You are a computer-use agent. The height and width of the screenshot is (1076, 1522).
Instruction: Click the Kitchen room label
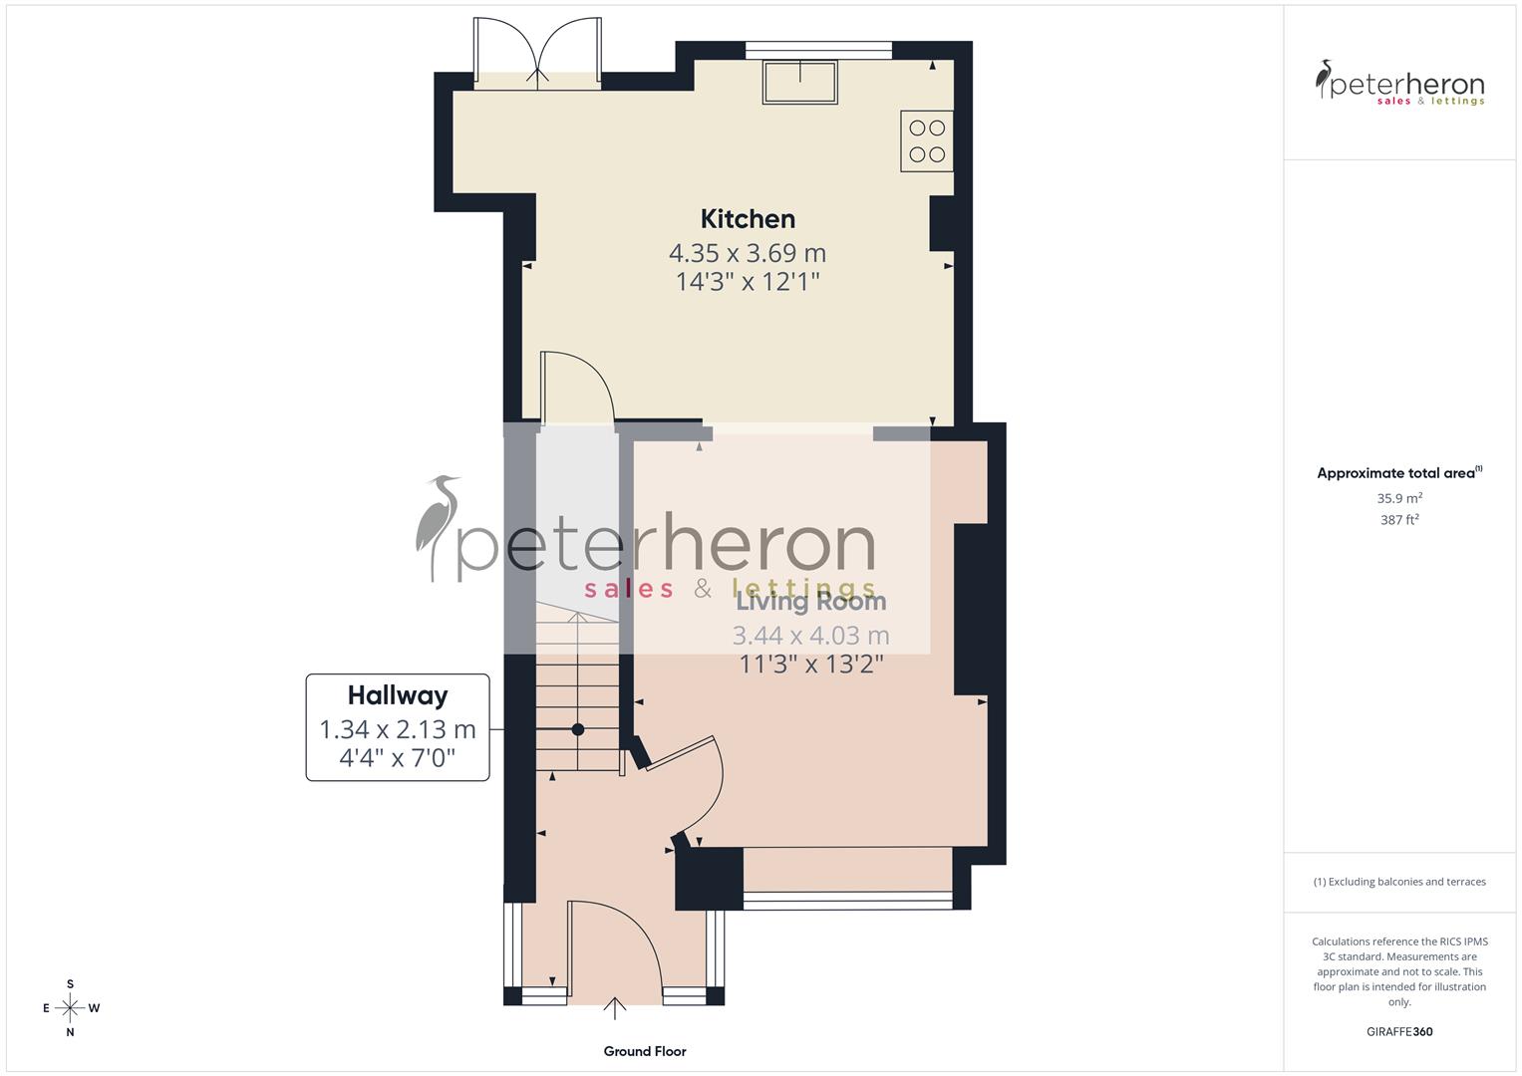tap(748, 219)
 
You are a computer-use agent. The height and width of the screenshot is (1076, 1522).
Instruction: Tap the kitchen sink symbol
tap(800, 82)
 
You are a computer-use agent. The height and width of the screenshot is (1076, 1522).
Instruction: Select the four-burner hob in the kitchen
tap(927, 140)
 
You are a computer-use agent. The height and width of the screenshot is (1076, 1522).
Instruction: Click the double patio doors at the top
tap(538, 55)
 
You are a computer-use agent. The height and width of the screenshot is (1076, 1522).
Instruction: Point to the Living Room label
tap(810, 602)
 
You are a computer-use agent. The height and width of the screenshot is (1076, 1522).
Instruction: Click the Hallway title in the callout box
tap(398, 695)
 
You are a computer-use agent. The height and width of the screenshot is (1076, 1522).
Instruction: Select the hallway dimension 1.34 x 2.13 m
tap(398, 729)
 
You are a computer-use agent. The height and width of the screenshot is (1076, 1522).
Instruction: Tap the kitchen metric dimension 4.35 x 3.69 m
tap(748, 253)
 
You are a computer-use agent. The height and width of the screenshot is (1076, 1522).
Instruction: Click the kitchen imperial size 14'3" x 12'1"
tap(748, 282)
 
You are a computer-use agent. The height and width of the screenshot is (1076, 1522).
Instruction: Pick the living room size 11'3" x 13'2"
tap(810, 664)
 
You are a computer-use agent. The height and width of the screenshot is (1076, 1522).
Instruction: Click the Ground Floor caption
tap(645, 1051)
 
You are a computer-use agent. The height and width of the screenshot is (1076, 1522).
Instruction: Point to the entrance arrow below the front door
tap(615, 1008)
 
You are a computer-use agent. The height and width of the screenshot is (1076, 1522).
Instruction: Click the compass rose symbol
tap(70, 1008)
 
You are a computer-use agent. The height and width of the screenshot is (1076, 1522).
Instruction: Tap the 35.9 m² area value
tap(1399, 498)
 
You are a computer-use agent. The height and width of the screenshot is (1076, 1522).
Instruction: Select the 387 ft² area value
tap(1399, 520)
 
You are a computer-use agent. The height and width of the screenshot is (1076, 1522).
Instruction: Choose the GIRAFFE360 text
tap(1399, 1032)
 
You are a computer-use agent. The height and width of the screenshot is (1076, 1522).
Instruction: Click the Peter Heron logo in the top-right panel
tap(1399, 84)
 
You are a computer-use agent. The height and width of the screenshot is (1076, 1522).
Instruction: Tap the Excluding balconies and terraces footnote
tap(1399, 882)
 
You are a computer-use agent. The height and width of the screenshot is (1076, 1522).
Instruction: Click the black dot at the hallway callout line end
tap(577, 729)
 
